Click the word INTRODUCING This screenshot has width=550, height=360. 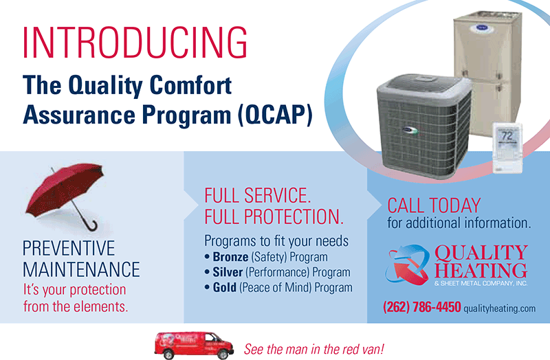(x=135, y=42)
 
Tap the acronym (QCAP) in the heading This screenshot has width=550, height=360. (x=275, y=115)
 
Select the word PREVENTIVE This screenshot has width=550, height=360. (x=69, y=249)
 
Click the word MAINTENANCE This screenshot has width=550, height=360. (x=81, y=269)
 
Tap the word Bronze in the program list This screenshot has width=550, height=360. (x=230, y=257)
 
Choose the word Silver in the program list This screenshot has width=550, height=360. (x=228, y=272)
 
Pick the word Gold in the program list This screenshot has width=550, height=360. (x=225, y=288)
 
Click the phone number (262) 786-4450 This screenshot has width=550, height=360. (x=422, y=307)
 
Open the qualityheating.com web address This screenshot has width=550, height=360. (x=500, y=308)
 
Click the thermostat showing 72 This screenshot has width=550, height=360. (x=507, y=148)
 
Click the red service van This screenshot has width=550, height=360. (x=194, y=346)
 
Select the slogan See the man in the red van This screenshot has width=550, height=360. (x=314, y=349)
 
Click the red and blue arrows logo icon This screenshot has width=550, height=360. (x=408, y=264)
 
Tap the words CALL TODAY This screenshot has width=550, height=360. (x=434, y=205)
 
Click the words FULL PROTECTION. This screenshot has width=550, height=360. (x=274, y=216)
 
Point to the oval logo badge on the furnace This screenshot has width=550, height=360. (x=481, y=28)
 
